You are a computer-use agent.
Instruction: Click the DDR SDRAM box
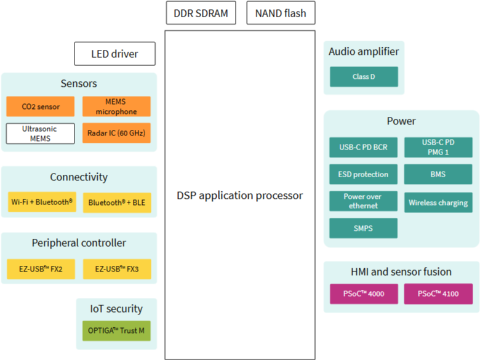pyautogui.click(x=201, y=13)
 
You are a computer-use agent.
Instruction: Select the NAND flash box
pyautogui.click(x=281, y=13)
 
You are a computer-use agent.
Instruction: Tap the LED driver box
pyautogui.click(x=115, y=54)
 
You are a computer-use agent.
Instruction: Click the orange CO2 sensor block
pyautogui.click(x=41, y=106)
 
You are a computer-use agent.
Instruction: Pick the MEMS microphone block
pyautogui.click(x=116, y=106)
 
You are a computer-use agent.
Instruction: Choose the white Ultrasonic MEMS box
pyautogui.click(x=41, y=134)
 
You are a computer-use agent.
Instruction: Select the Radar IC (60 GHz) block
pyautogui.click(x=116, y=133)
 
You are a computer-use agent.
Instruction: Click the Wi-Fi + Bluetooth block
pyautogui.click(x=42, y=202)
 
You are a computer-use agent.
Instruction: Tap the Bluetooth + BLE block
pyautogui.click(x=117, y=202)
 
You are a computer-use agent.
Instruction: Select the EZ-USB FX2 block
pyautogui.click(x=41, y=269)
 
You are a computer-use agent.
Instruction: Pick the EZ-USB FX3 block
pyautogui.click(x=117, y=269)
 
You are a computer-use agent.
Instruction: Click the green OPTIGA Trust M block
pyautogui.click(x=116, y=331)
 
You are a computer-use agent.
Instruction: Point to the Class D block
pyautogui.click(x=364, y=76)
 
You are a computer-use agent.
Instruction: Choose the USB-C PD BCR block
pyautogui.click(x=363, y=147)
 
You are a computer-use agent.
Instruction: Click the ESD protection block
pyautogui.click(x=363, y=174)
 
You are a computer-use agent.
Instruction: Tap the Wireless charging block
pyautogui.click(x=438, y=202)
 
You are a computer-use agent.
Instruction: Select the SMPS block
pyautogui.click(x=363, y=228)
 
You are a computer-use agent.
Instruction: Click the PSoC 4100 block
pyautogui.click(x=438, y=294)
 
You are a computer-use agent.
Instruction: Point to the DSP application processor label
pyautogui.click(x=240, y=196)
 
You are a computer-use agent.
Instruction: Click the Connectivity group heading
pyautogui.click(x=79, y=177)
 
